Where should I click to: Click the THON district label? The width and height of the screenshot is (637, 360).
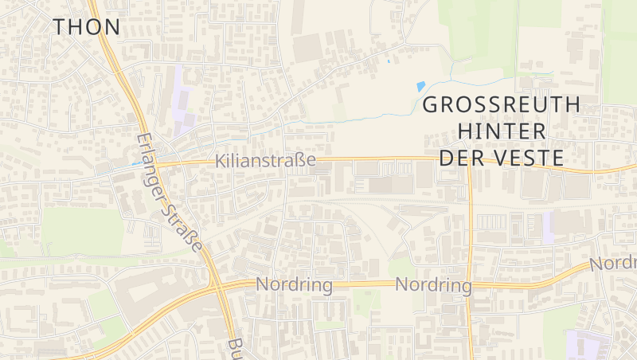pos(87,26)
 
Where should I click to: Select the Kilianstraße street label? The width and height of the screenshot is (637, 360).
pos(265,161)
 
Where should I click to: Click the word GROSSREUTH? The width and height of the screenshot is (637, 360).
pos(501,104)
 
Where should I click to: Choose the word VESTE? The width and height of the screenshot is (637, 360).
pos(533,158)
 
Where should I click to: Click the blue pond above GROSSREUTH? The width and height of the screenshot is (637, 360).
pos(420,87)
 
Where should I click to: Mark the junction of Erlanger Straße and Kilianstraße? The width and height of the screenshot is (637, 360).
pos(151,162)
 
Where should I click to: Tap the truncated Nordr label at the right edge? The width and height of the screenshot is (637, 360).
pos(613,263)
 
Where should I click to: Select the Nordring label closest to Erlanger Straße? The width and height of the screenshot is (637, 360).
pos(294,284)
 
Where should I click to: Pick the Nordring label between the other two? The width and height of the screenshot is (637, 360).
pos(434,284)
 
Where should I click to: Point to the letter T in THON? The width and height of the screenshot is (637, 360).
pos(61,26)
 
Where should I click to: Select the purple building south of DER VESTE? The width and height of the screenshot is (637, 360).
pos(548,227)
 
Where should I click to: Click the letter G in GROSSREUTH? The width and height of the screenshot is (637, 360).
pos(431,104)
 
